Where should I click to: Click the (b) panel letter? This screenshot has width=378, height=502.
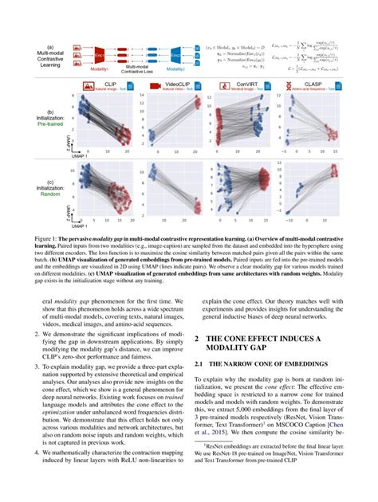point(51,112)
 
